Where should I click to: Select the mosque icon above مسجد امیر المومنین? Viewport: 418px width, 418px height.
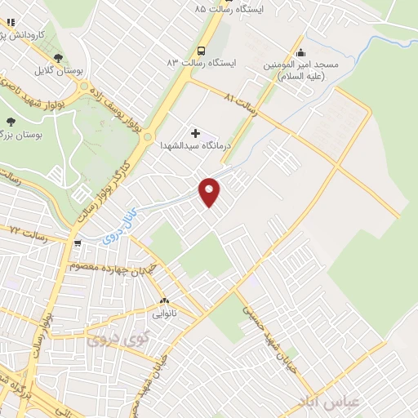[300, 50]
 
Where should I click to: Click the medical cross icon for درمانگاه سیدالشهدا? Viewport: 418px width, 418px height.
[195, 132]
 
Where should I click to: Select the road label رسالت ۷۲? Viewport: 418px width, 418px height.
[26, 234]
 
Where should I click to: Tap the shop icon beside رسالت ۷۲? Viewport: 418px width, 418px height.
[78, 242]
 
